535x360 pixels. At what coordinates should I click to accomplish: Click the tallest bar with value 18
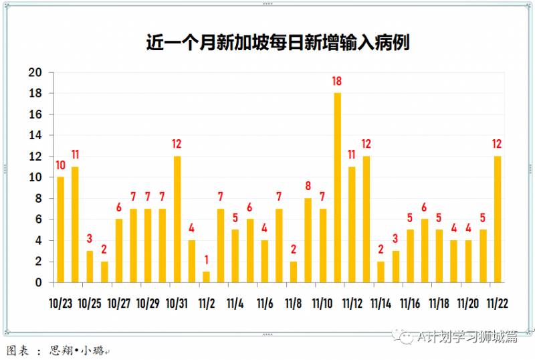(x=338, y=187)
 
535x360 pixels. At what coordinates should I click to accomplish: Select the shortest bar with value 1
(x=206, y=277)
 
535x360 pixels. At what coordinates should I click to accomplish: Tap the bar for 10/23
(x=61, y=230)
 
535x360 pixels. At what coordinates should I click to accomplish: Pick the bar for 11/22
(x=498, y=219)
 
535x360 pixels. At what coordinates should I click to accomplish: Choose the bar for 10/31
(x=177, y=219)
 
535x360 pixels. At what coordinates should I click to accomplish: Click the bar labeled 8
(x=308, y=240)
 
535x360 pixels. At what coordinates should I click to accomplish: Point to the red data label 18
(x=338, y=82)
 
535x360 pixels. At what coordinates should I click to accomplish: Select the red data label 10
(x=61, y=165)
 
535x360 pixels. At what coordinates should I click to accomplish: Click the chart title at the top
(x=278, y=43)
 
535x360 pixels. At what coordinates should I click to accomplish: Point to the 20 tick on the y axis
(x=35, y=72)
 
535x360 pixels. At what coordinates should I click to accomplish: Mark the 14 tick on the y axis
(x=35, y=135)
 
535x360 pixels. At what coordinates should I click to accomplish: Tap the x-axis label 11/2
(x=207, y=303)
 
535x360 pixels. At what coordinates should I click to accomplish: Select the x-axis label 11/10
(x=323, y=303)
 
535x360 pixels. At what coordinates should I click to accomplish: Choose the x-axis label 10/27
(x=119, y=303)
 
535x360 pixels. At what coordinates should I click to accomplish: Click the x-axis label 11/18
(x=439, y=303)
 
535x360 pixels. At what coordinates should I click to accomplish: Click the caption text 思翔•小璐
(x=77, y=351)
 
